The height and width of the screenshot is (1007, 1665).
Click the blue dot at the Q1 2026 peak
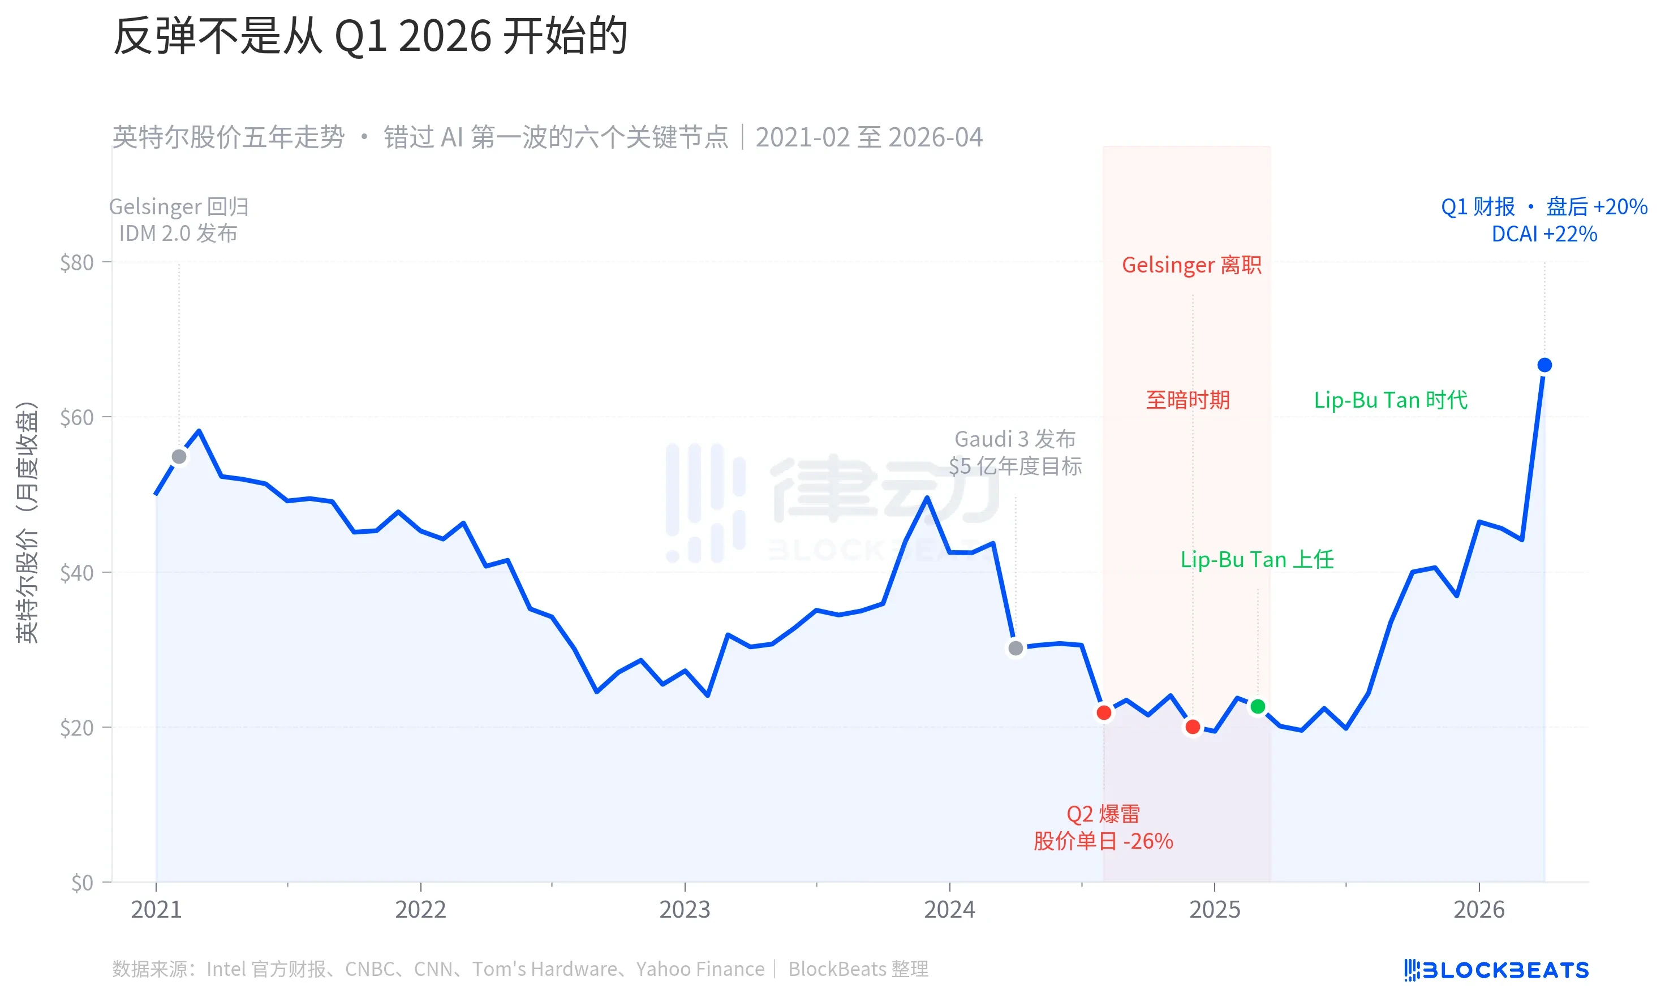(1544, 365)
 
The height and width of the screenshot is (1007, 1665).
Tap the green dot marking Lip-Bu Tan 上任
(1258, 706)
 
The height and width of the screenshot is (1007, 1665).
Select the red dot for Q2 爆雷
(1103, 712)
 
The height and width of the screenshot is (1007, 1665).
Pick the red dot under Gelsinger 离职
(1193, 727)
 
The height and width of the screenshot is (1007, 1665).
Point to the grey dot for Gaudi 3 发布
(1015, 649)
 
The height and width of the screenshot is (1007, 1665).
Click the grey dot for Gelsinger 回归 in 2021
(179, 457)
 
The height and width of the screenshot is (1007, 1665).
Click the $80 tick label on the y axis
(77, 263)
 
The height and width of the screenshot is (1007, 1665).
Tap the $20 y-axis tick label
(77, 728)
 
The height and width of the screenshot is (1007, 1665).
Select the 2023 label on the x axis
(685, 910)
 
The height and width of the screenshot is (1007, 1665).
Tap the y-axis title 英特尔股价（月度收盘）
(27, 522)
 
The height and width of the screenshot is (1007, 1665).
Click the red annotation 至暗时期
(1188, 400)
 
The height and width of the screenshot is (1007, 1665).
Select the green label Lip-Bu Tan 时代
(1390, 400)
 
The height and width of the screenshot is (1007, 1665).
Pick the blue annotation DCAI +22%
(1544, 234)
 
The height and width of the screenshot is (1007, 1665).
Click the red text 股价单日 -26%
(1103, 841)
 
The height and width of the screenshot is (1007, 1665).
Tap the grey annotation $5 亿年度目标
(1015, 466)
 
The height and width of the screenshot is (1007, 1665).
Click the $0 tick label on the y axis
(82, 883)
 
